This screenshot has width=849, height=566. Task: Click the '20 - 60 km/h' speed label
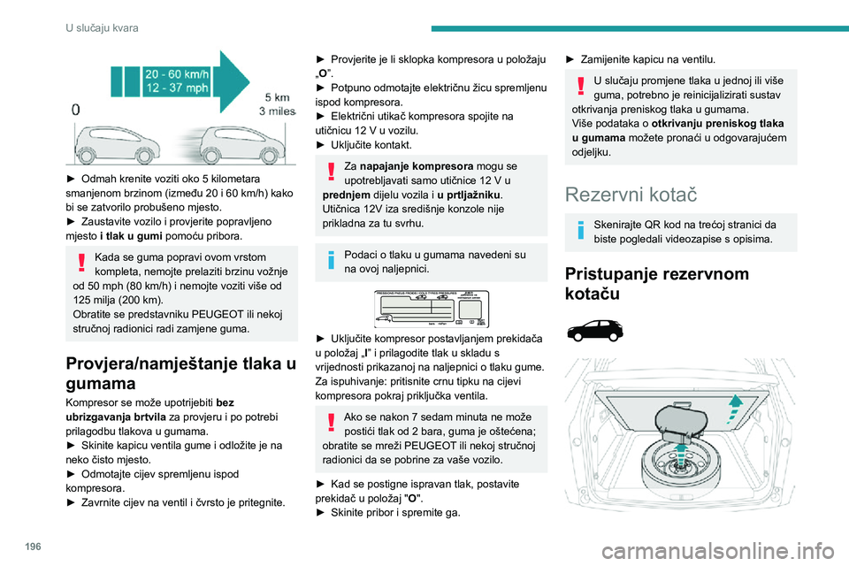(x=178, y=75)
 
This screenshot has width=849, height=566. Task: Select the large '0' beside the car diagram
(x=77, y=110)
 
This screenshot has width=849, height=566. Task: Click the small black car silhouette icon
(x=596, y=332)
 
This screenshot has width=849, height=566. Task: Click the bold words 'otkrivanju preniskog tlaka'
(x=718, y=123)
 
